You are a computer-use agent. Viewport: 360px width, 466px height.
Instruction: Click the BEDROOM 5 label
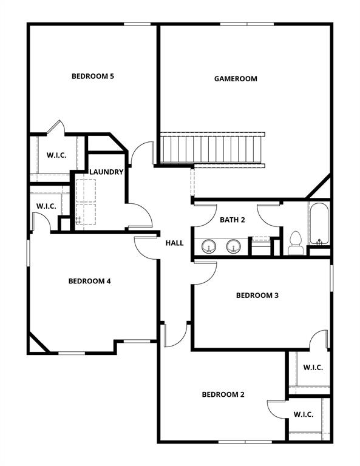tap(93, 76)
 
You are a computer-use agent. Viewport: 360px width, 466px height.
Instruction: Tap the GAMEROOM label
tap(236, 79)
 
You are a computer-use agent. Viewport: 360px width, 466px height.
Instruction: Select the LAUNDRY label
tap(106, 172)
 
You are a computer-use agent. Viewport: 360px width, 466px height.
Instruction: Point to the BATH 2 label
tap(232, 220)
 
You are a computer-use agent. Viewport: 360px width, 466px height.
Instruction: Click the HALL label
tap(174, 243)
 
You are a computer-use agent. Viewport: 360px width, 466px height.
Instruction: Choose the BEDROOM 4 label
tap(89, 281)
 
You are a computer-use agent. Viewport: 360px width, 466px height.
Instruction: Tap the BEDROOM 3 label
tap(257, 295)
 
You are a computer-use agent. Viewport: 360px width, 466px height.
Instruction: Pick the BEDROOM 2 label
tap(223, 394)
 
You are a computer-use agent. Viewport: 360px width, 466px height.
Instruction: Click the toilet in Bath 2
tap(296, 242)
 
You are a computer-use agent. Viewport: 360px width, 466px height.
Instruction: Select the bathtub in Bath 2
tap(319, 223)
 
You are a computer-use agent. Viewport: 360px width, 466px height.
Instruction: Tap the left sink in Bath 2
tap(209, 246)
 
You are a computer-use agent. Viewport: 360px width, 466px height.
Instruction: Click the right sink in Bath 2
tap(234, 246)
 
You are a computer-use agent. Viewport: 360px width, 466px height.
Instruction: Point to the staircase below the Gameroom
tap(212, 148)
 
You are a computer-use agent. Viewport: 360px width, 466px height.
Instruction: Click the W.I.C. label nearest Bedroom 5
tap(56, 155)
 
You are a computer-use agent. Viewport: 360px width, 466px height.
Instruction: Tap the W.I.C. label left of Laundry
tap(46, 206)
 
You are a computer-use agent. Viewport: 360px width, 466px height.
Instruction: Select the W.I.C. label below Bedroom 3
tap(313, 368)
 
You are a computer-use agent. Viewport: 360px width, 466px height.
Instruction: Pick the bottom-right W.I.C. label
tap(304, 414)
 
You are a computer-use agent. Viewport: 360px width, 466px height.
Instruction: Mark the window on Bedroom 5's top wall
tap(137, 24)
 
